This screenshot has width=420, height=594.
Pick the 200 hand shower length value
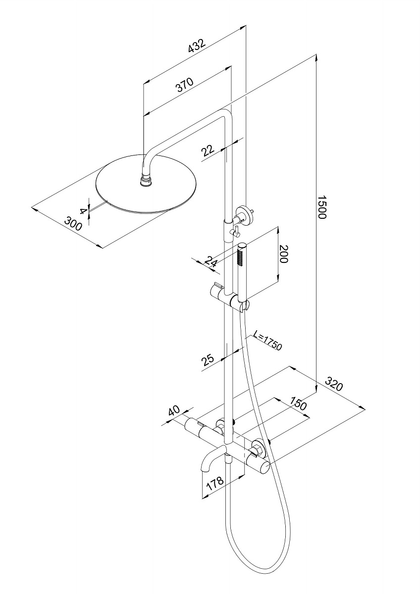pos(283,254)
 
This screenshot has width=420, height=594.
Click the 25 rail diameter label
pos(208,358)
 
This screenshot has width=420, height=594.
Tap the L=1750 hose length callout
pos(267,341)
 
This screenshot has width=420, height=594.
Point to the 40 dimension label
pos(174,411)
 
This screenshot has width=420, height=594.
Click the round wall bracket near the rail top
pos(243,214)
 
